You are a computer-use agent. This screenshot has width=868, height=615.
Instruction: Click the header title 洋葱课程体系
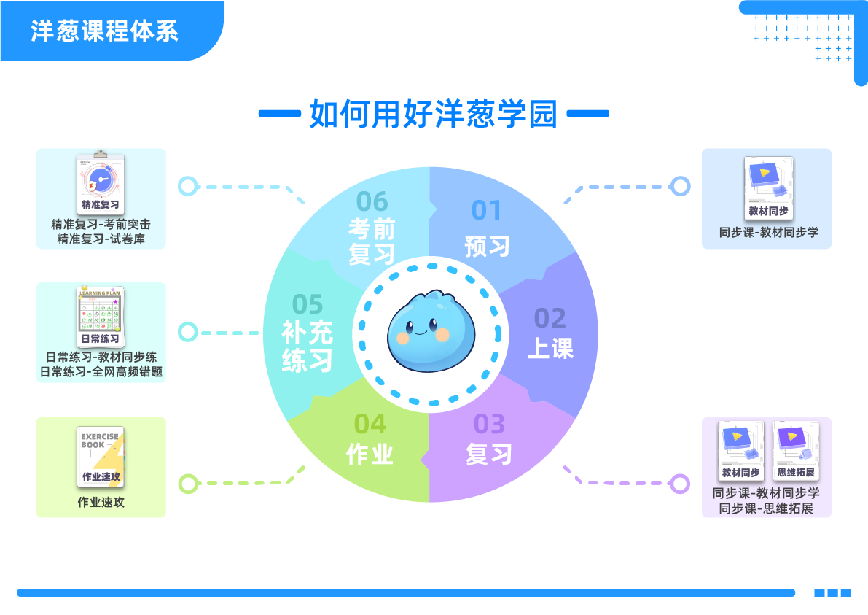[104, 31]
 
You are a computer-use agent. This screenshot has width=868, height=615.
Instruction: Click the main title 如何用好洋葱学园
[434, 114]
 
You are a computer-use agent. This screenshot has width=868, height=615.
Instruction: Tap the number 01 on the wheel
[487, 210]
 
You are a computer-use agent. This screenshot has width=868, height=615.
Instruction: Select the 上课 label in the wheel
[550, 349]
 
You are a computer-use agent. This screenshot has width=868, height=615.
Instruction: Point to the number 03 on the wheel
[489, 424]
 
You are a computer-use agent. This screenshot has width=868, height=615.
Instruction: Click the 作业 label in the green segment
[370, 454]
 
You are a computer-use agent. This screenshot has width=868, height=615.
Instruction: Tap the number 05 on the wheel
[308, 303]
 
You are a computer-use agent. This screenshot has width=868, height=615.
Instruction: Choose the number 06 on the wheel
[372, 201]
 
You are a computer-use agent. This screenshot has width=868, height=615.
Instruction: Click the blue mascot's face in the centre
[429, 332]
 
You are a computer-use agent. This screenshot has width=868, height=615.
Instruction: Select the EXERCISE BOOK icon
[101, 457]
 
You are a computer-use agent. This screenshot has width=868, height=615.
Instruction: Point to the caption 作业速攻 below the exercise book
[101, 503]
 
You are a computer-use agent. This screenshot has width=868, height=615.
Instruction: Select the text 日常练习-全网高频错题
[101, 372]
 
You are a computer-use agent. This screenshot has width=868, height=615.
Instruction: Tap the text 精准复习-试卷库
[101, 239]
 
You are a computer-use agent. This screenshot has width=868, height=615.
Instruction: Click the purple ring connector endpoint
[680, 483]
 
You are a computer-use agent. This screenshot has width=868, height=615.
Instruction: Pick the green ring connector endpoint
[189, 483]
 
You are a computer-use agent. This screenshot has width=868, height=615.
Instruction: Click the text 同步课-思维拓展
[766, 508]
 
